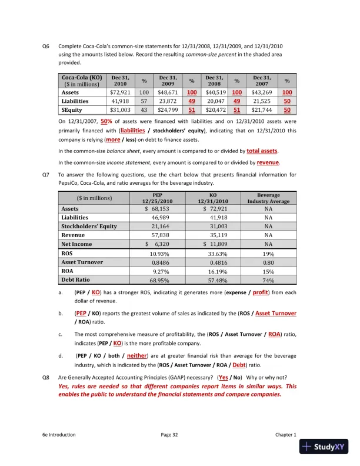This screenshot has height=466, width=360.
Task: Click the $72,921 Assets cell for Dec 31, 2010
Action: [121, 92]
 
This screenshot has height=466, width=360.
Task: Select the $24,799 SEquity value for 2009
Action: [168, 109]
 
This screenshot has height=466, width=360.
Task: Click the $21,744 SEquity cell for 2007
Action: [262, 109]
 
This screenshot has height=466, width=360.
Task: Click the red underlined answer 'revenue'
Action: [268, 162]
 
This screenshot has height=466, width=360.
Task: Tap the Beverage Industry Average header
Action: [268, 198]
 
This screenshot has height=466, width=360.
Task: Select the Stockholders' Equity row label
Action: [89, 226]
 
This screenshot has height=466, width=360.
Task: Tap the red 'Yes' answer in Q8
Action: [224, 377]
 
